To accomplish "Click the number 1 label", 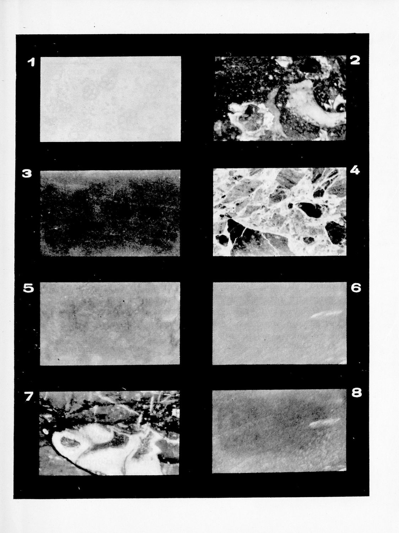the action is (x=31, y=63).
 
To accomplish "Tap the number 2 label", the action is (x=355, y=60).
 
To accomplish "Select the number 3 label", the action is (x=27, y=174).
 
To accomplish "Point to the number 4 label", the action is (x=355, y=171).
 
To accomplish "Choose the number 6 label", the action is (x=356, y=288).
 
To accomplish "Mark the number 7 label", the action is (x=29, y=397).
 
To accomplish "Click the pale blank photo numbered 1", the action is (x=110, y=99).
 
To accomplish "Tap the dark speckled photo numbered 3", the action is (x=110, y=213).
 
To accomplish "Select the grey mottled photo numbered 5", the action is (x=110, y=323).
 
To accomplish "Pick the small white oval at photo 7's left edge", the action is (x=45, y=431).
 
